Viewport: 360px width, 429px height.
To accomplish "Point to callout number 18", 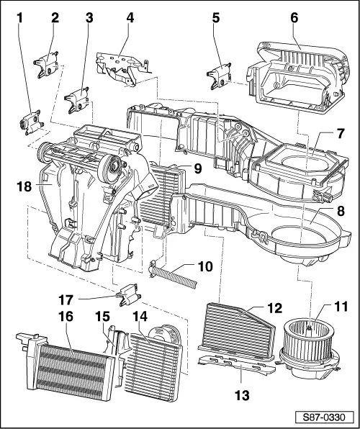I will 24,185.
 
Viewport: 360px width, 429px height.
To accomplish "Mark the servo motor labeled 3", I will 77,100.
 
